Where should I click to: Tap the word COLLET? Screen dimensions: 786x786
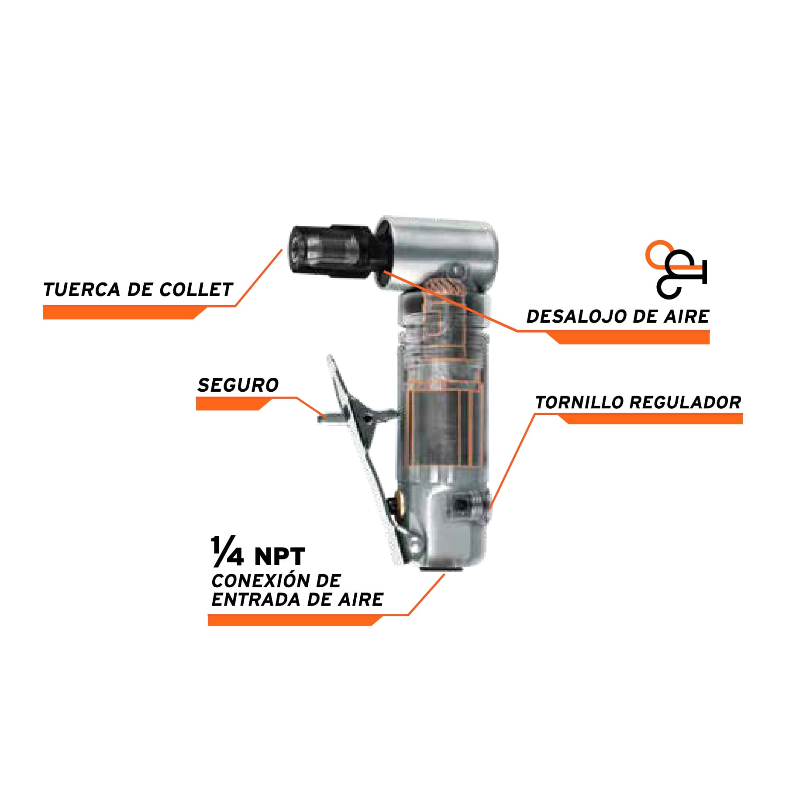(196, 290)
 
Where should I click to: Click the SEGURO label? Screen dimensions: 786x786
(238, 385)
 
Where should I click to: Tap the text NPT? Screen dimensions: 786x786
(280, 556)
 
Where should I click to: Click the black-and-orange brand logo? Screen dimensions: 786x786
(676, 269)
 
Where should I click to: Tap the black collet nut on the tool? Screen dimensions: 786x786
(332, 252)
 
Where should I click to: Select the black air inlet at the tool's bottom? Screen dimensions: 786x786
(440, 569)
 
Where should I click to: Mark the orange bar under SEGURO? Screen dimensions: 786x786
(234, 404)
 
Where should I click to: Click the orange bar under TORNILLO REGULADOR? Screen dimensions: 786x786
(650, 419)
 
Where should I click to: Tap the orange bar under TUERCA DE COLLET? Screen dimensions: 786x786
(124, 313)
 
